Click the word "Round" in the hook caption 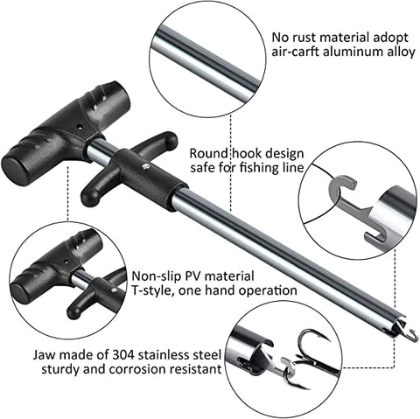coord(208,153)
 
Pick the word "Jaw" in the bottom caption coord(44,355)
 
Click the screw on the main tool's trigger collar coord(146,166)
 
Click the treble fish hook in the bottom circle coord(310,359)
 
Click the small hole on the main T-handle coord(79,127)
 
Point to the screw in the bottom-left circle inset coord(115,290)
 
